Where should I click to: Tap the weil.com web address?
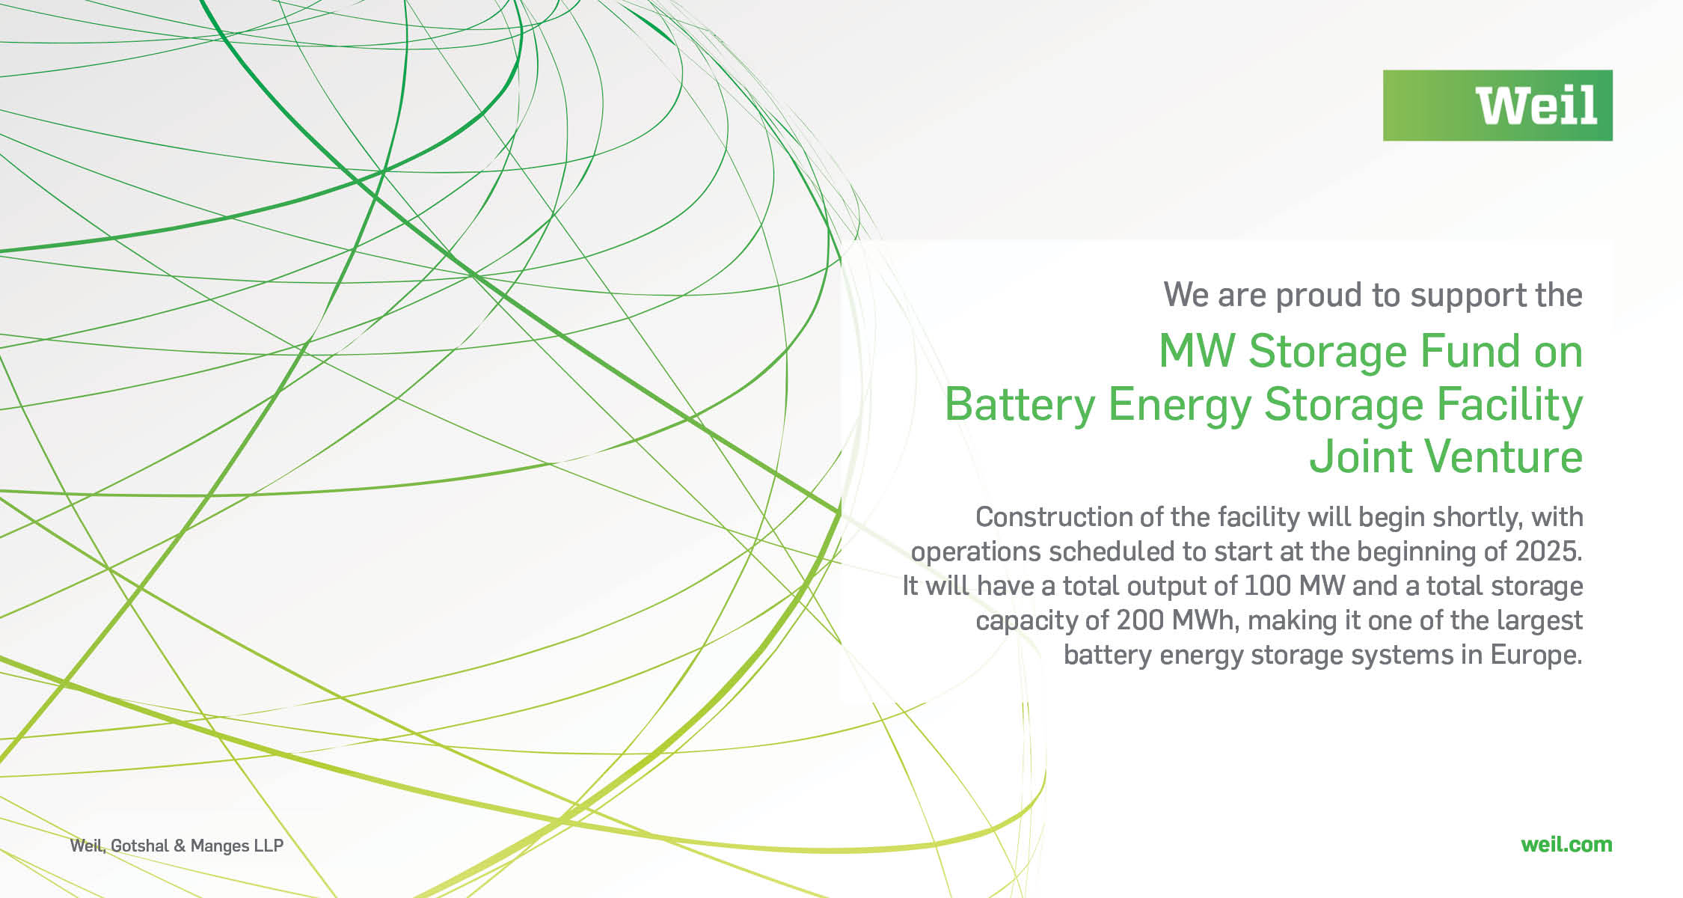(x=1566, y=845)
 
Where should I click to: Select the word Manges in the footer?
(x=220, y=846)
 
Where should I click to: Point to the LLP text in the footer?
(x=269, y=846)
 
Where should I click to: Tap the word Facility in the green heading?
(x=1509, y=405)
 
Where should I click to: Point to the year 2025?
(x=1548, y=552)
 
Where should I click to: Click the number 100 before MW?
(x=1268, y=586)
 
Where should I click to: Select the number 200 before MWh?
(x=1141, y=620)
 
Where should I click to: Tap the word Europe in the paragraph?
(x=1536, y=656)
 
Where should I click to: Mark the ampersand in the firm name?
(x=180, y=846)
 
